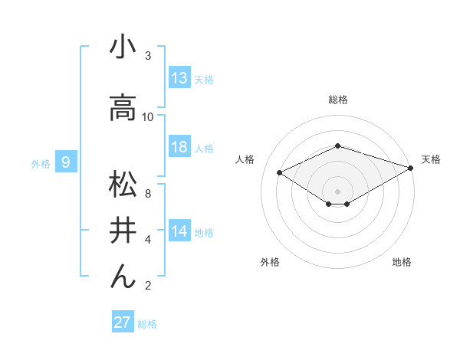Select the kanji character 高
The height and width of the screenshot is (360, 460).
tap(123, 108)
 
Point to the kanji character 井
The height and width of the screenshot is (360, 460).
tap(123, 231)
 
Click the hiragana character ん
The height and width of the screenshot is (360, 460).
tap(123, 277)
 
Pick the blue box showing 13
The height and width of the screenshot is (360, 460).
tap(179, 78)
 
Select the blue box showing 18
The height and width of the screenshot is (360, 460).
tap(179, 147)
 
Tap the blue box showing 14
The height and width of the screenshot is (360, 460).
tap(179, 231)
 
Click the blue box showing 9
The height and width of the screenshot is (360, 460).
tap(67, 162)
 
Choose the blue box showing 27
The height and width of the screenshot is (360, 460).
tap(123, 322)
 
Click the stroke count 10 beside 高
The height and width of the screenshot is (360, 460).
tap(148, 116)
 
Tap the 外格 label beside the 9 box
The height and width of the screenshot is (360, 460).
tap(40, 162)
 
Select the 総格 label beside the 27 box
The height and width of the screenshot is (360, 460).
tap(147, 324)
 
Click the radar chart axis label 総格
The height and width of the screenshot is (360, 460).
tap(337, 100)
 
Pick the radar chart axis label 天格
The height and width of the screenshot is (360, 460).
tap(431, 159)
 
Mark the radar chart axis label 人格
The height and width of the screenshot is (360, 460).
tap(245, 159)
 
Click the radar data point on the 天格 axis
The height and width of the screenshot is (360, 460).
tap(411, 168)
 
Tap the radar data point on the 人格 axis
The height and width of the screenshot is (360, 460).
tap(280, 172)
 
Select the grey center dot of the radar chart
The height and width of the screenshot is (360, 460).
tap(337, 190)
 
